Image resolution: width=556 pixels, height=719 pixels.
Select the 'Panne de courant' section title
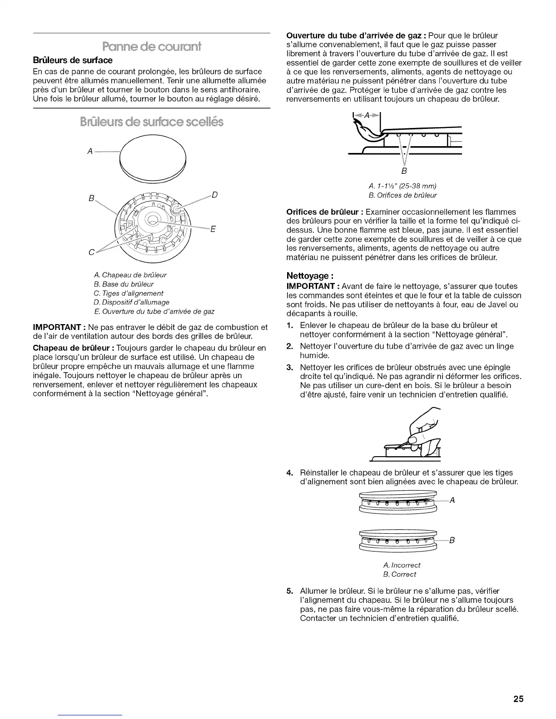(152, 46)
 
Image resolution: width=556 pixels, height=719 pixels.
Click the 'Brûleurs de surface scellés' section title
(152, 123)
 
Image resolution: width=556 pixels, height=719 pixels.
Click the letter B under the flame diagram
(403, 171)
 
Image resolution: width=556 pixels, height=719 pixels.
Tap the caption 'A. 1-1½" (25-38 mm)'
(403, 186)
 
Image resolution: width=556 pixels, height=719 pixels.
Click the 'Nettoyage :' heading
(310, 275)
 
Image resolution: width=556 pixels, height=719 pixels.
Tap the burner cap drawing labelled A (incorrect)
(398, 502)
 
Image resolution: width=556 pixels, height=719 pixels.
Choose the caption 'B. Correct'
(400, 574)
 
